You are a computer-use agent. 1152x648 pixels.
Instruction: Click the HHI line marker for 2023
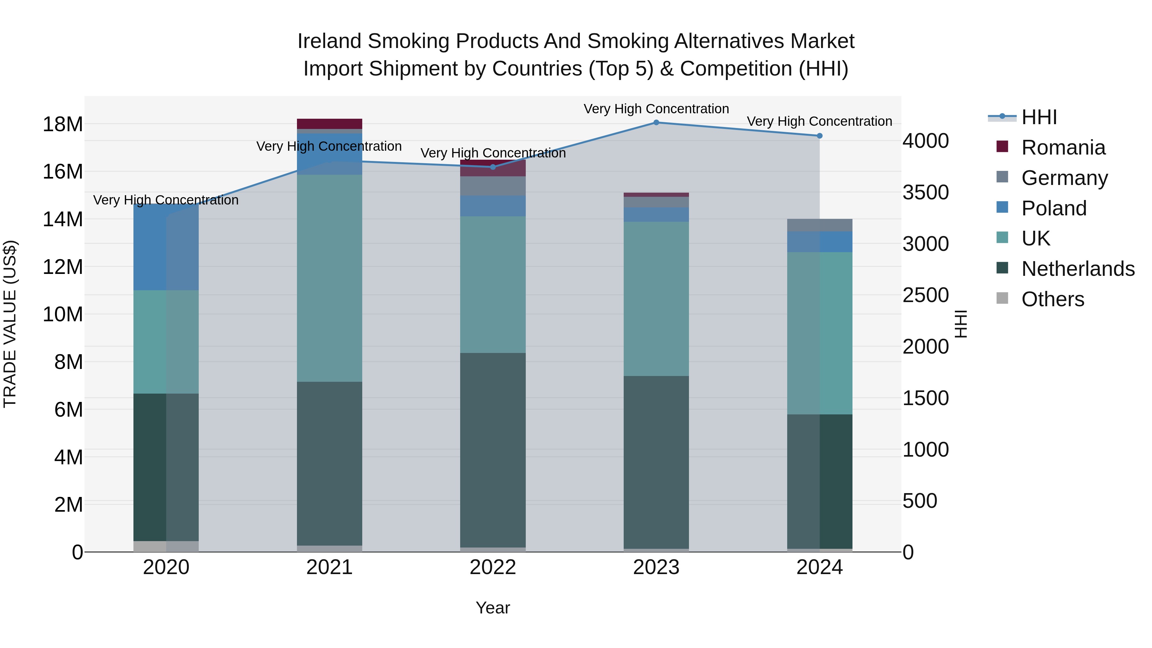(x=656, y=122)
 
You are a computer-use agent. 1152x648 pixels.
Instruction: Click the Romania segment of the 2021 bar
(x=329, y=124)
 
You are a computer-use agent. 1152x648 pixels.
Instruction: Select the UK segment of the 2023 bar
(x=656, y=299)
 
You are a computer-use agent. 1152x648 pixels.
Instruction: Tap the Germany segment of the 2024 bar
(x=819, y=225)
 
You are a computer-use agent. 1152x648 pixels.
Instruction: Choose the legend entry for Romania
(x=1063, y=148)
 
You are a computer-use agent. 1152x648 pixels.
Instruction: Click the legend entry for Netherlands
(x=1078, y=269)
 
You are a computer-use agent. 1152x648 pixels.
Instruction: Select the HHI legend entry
(x=1039, y=117)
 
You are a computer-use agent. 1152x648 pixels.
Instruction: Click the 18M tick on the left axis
(x=63, y=124)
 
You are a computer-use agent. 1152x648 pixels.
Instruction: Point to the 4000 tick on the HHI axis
(x=925, y=141)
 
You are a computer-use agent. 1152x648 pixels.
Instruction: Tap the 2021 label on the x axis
(x=329, y=567)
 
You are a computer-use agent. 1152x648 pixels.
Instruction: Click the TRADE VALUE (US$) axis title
(x=10, y=324)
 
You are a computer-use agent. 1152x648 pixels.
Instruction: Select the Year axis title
(x=493, y=608)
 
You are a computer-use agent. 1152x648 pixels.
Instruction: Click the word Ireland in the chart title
(x=329, y=41)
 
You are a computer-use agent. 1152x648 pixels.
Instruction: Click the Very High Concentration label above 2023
(x=656, y=109)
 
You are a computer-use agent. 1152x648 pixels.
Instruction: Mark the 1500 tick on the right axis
(x=925, y=398)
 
